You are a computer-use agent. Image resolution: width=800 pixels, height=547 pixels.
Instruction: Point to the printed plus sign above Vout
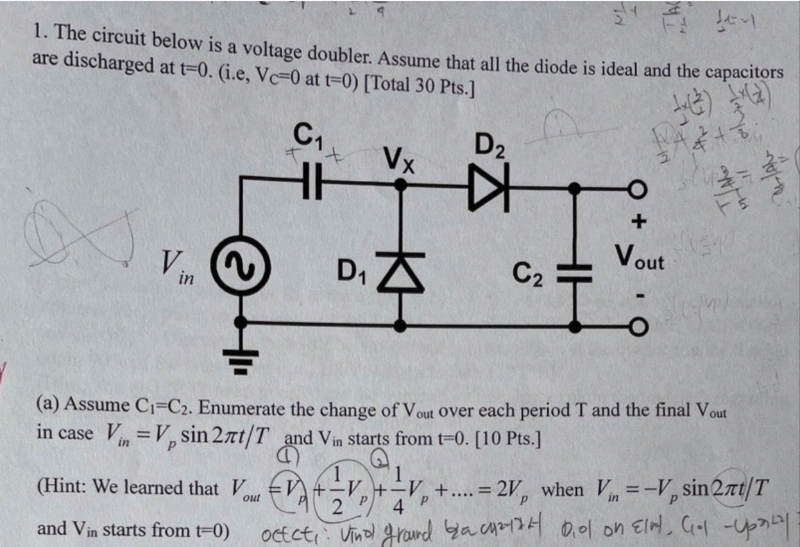tap(638, 222)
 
